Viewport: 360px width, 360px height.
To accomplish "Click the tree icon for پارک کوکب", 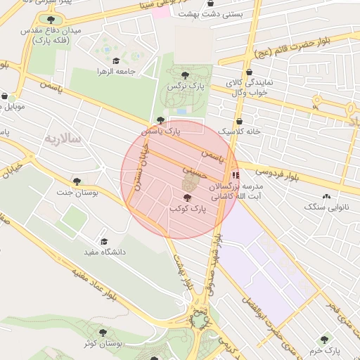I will (x=186, y=199).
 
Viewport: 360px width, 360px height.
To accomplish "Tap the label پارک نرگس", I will (x=180, y=85).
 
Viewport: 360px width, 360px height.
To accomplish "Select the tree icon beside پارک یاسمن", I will (x=161, y=120).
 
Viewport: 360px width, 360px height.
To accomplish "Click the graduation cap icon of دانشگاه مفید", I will (x=104, y=241).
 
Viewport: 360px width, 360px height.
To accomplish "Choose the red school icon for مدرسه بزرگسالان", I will (x=235, y=174).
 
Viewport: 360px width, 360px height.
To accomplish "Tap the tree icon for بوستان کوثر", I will (x=104, y=333).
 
